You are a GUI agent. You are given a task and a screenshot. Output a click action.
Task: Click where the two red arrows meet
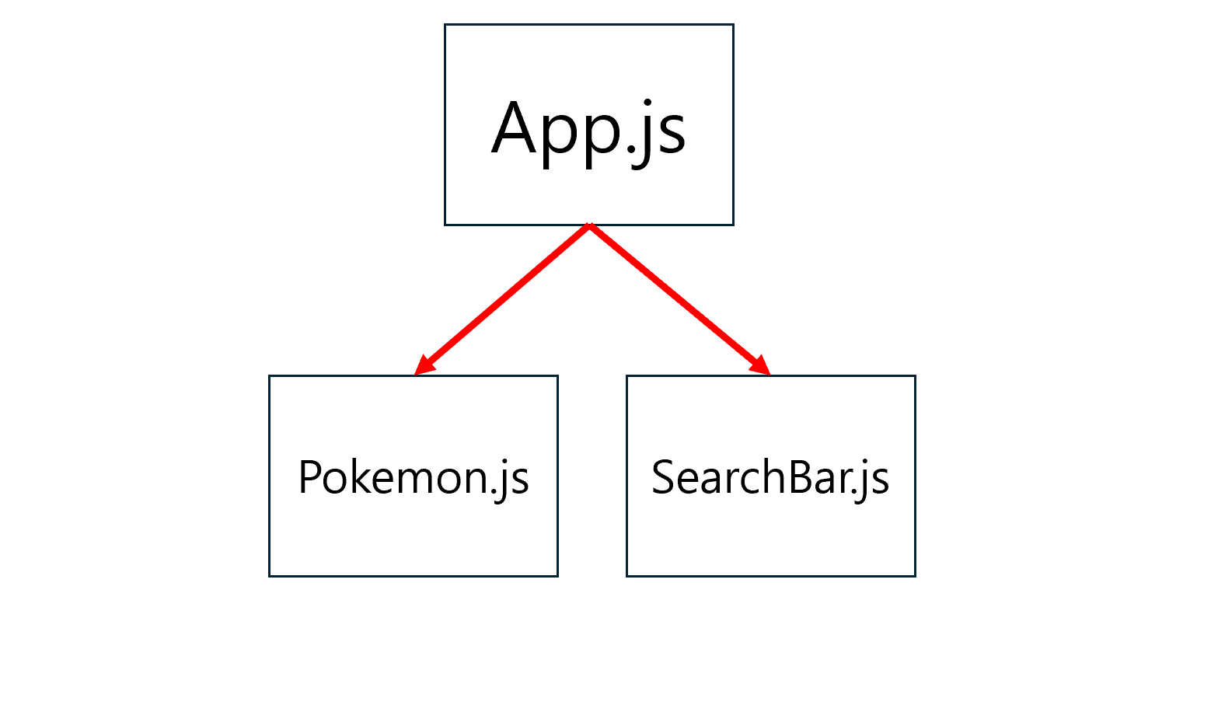pyautogui.click(x=590, y=226)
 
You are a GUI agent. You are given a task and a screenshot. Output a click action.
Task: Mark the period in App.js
pyautogui.click(x=629, y=151)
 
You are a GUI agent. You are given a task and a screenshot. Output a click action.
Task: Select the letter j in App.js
pyautogui.click(x=644, y=132)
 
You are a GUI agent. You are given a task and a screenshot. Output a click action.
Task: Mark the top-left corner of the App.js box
pyautogui.click(x=445, y=25)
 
